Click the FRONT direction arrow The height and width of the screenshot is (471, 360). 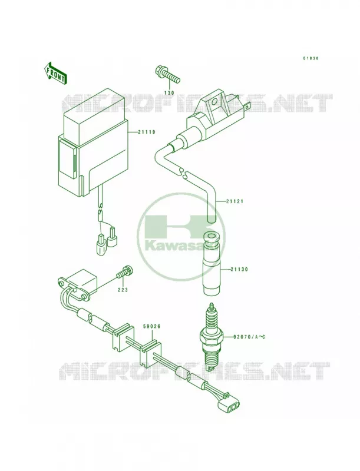tap(55, 72)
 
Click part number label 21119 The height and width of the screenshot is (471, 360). tap(147, 132)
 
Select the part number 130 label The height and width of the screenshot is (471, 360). tap(169, 93)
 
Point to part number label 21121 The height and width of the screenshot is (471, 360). tap(235, 201)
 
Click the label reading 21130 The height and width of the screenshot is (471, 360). tap(239, 270)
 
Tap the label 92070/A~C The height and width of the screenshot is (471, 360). tap(249, 337)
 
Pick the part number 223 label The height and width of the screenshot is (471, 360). tap(123, 290)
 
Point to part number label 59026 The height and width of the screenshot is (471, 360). tap(152, 326)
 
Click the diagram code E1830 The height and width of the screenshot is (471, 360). tap(310, 58)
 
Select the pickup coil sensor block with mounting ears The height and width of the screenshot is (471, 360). tap(79, 286)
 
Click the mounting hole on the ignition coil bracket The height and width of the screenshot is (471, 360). tap(215, 101)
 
